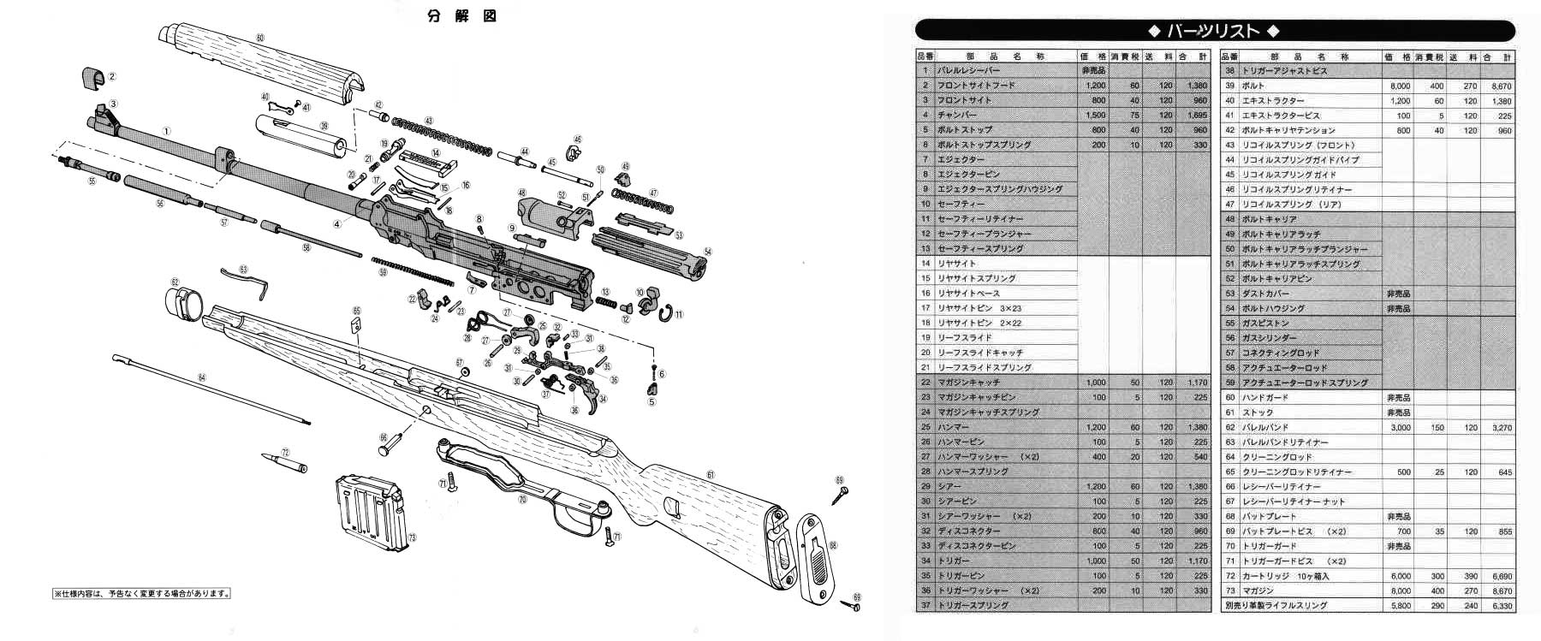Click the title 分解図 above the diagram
coord(462,16)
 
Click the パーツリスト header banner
coord(1214,32)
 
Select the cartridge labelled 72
coord(289,462)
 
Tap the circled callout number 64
coord(202,377)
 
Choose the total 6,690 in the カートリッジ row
coord(1501,576)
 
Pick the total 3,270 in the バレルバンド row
coord(1501,427)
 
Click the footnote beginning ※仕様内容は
coord(142,593)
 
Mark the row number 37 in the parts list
coord(925,605)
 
